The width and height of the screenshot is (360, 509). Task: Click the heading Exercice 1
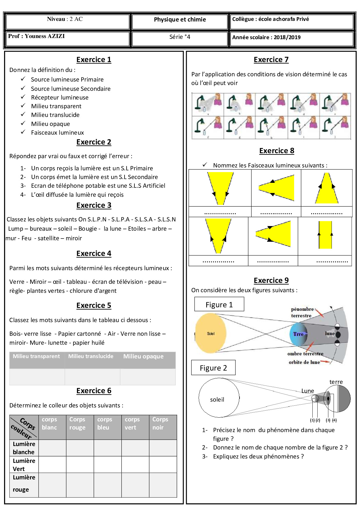point(94,59)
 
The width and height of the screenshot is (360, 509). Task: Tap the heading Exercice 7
point(271,59)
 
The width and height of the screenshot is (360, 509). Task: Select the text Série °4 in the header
point(180,37)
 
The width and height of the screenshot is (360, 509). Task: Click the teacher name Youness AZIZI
point(44,36)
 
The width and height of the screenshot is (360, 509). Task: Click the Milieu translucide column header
point(91,356)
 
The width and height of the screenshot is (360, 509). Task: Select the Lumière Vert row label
point(24,465)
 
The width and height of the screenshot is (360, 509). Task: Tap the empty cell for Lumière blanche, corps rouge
point(80,448)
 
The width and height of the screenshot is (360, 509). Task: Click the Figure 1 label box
point(219,304)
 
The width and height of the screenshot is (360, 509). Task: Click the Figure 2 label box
point(213,368)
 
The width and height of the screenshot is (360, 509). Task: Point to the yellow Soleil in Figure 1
point(211,333)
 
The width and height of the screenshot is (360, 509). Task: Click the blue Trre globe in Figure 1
point(298,334)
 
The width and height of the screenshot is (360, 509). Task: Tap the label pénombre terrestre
point(302,312)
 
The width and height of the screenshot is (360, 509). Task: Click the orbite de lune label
point(304,362)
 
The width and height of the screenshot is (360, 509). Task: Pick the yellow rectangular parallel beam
point(325,235)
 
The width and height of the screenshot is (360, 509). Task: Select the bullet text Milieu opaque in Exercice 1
point(51,124)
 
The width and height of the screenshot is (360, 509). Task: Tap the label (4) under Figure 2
point(334,420)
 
